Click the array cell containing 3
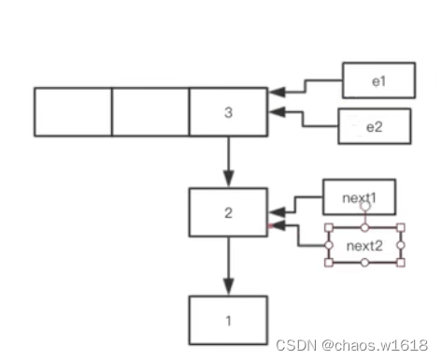(228, 112)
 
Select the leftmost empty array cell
(73, 112)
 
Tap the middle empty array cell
(150, 112)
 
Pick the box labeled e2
(374, 126)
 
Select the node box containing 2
(228, 212)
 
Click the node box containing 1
(228, 320)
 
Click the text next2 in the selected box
(364, 245)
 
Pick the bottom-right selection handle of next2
(401, 263)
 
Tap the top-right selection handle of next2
(401, 227)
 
